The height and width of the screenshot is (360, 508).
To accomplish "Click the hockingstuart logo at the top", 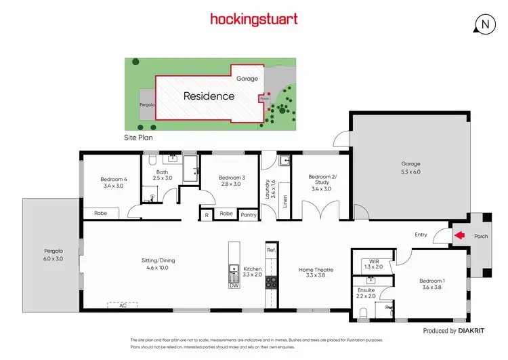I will (x=253, y=19).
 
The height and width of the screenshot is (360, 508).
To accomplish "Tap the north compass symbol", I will (x=484, y=24).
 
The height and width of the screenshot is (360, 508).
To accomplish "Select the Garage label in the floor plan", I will (x=410, y=164).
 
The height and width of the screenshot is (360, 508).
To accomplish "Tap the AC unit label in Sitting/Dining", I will (x=123, y=305).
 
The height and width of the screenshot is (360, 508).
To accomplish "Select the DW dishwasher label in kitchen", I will (x=234, y=285).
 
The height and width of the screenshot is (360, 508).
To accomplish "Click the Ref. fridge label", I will (x=271, y=250).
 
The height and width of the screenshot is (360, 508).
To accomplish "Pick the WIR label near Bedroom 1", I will (x=374, y=262).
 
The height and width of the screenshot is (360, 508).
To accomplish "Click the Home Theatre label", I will (x=316, y=269).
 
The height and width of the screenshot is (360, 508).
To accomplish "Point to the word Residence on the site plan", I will (x=209, y=96).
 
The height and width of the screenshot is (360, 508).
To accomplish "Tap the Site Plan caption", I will (x=139, y=137).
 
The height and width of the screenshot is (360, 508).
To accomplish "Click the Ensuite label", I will (x=366, y=290).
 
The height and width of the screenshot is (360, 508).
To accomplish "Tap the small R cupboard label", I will (x=206, y=215).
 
